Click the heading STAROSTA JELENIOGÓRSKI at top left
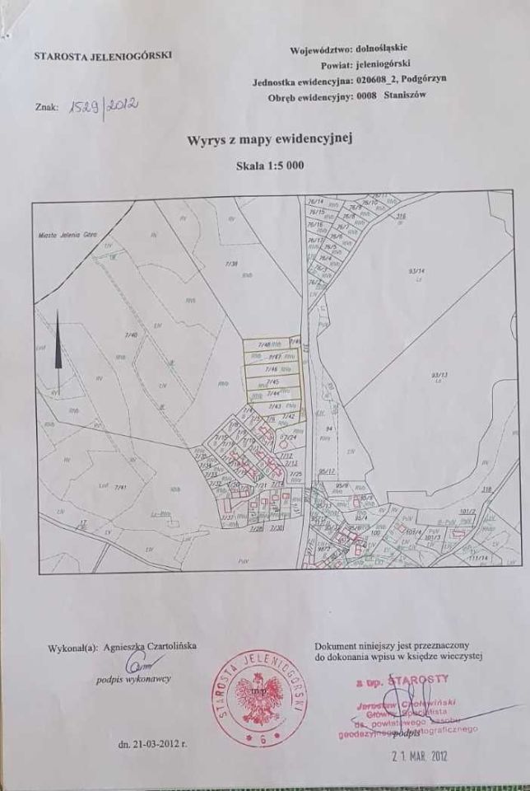click(x=102, y=57)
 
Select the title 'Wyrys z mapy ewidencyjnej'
click(x=271, y=141)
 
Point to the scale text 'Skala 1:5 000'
click(x=271, y=165)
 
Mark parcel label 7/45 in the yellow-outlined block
click(x=274, y=382)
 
